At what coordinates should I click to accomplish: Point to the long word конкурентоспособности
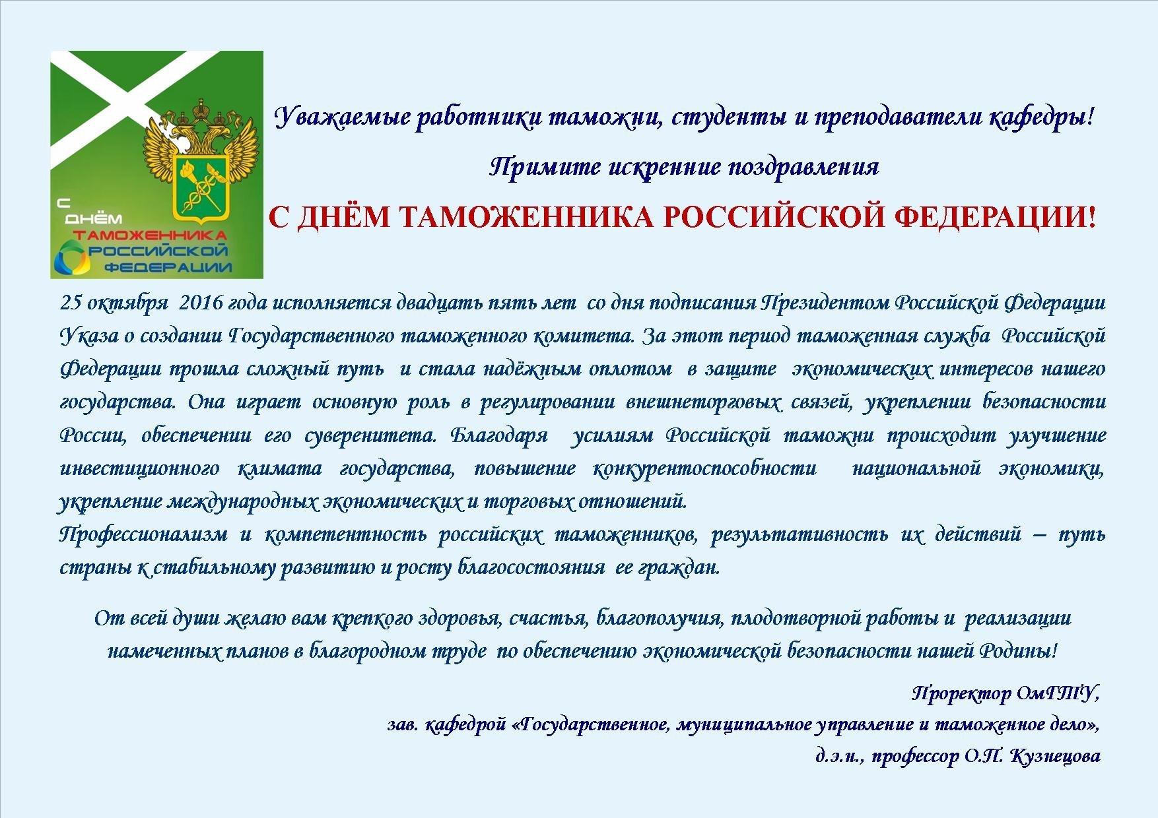[x=705, y=469]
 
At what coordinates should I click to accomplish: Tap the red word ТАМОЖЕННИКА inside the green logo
[x=151, y=236]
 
